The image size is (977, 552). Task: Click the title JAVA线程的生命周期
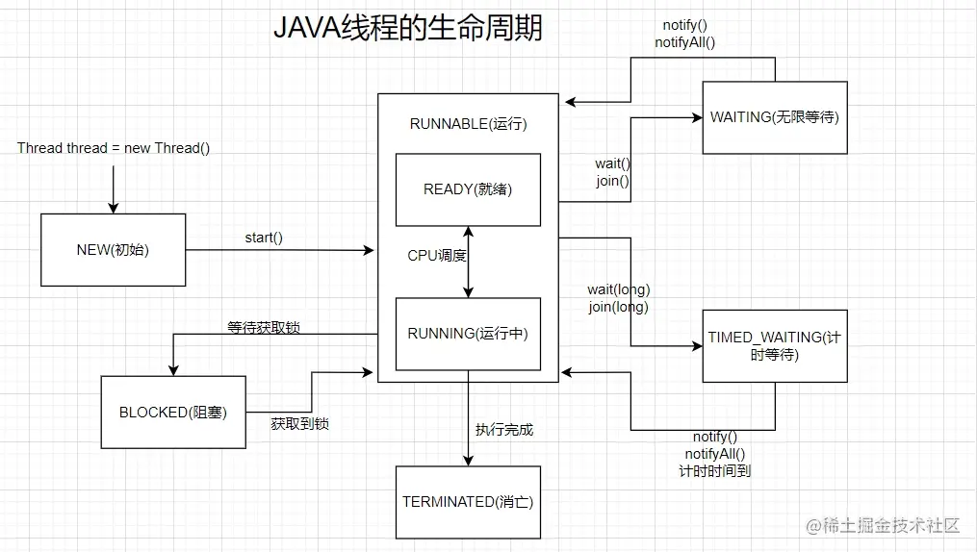407,28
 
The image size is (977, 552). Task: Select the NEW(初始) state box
113,250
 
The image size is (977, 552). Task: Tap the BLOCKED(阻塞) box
172,413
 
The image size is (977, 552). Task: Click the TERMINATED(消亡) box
468,502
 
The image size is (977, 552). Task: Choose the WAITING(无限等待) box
775,117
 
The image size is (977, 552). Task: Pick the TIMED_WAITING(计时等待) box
775,346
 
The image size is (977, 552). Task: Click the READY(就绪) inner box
468,189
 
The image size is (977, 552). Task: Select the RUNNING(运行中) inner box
468,334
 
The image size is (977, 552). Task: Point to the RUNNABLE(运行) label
468,124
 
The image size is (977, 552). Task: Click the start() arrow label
264,238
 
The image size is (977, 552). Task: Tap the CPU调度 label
437,256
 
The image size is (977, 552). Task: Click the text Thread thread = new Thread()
114,148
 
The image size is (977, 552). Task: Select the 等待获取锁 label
264,328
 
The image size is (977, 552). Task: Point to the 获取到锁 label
300,423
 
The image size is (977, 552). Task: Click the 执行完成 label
504,430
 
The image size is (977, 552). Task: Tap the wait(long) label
618,289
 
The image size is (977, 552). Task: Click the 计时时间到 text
714,471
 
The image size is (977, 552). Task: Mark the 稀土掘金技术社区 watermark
884,525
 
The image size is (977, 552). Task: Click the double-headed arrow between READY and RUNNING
469,262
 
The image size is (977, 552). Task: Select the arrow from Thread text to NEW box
114,188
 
